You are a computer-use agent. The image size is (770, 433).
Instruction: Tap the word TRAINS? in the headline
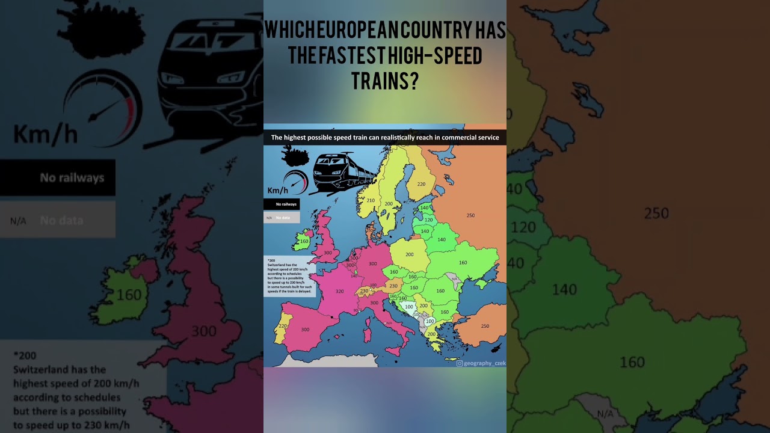(x=384, y=81)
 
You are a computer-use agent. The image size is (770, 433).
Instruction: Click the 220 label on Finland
(x=422, y=184)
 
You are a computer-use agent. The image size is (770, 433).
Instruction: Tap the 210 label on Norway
(x=371, y=200)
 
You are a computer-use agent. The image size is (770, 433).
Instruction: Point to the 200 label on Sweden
(x=389, y=204)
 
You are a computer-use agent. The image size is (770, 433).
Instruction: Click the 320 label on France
(x=340, y=291)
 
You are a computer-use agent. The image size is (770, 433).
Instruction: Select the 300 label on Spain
(x=305, y=330)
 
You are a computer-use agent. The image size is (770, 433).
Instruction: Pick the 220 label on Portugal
(x=283, y=325)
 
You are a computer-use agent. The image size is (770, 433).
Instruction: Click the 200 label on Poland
(x=409, y=254)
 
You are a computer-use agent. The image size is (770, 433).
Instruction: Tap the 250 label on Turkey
(x=485, y=326)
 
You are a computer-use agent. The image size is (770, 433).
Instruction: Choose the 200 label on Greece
(x=431, y=334)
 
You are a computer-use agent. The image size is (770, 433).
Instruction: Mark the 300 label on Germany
(x=372, y=263)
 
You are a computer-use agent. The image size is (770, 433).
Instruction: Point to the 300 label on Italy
(x=374, y=302)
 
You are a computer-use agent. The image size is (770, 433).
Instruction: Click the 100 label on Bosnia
(x=409, y=307)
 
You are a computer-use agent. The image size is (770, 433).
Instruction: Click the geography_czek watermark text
(x=484, y=363)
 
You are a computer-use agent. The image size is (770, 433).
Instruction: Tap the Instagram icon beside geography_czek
(x=460, y=363)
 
